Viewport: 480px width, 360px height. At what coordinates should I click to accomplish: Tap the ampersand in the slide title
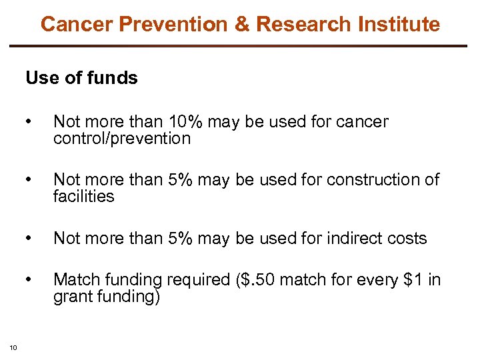pos(241,25)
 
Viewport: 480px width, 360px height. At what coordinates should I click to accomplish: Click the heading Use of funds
pos(81,78)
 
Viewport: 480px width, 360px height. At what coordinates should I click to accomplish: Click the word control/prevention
pos(122,139)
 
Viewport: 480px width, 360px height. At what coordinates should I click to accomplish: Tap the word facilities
pos(84,197)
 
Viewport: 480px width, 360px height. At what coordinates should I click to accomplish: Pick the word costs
pos(404,239)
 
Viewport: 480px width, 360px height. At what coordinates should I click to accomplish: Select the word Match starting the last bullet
pos(75,280)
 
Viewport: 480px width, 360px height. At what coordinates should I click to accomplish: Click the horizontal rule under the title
pos(240,46)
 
